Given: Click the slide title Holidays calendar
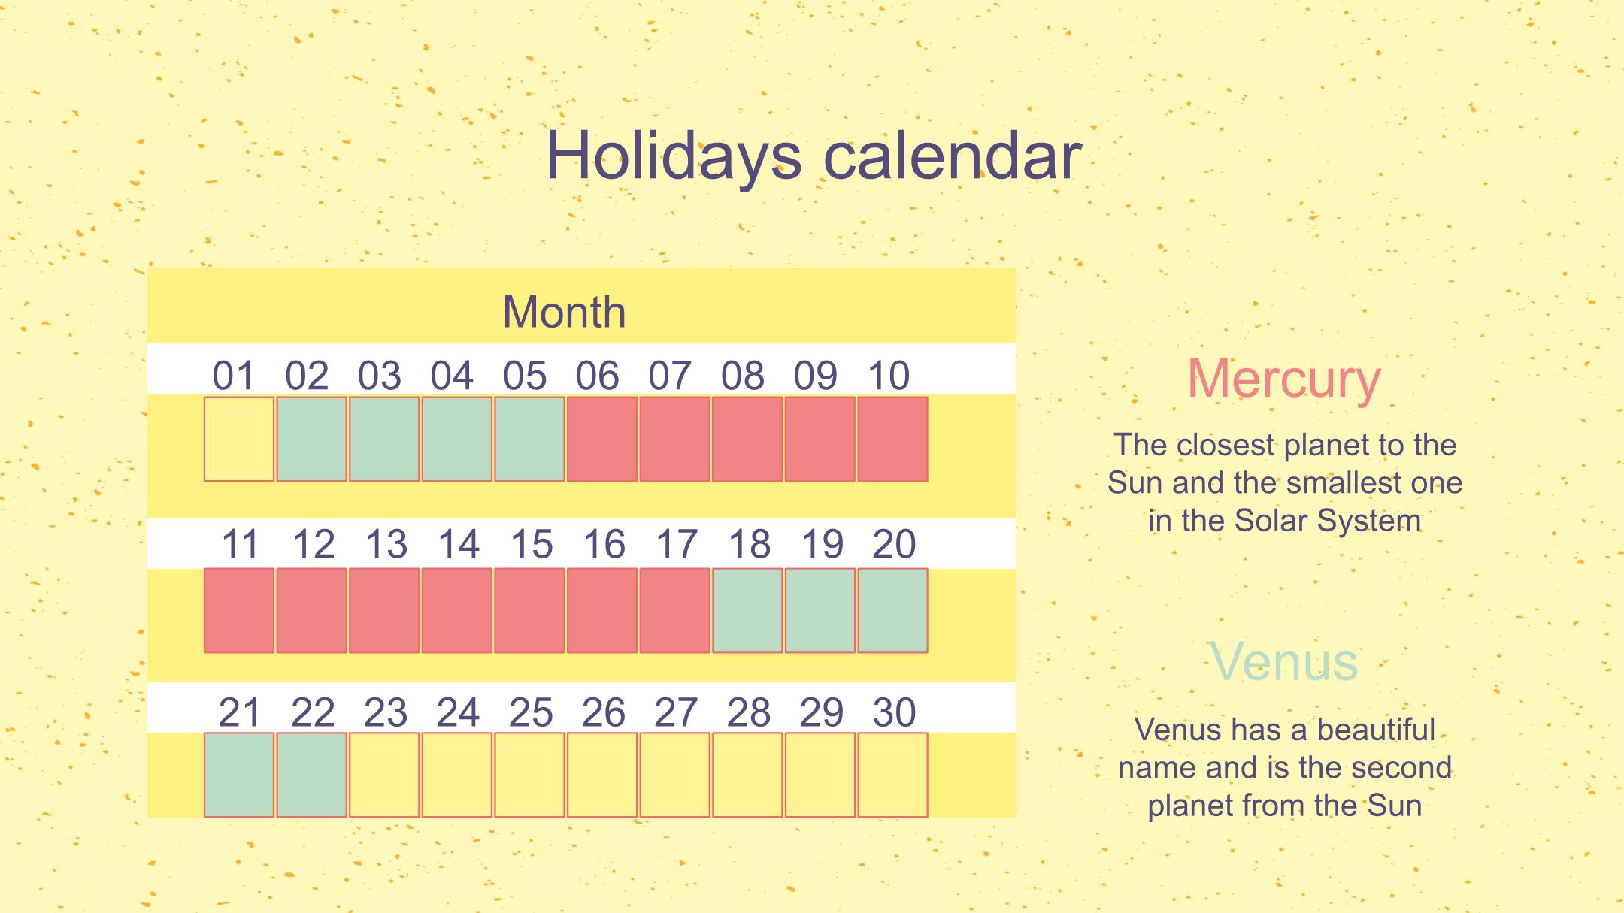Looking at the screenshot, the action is tap(813, 156).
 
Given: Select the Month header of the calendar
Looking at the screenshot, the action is tap(564, 311).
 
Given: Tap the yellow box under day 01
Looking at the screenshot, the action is tap(239, 439).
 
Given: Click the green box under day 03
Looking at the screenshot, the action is tap(384, 439).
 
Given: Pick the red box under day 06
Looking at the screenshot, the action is tap(602, 439).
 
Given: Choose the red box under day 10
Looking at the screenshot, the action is tap(892, 439).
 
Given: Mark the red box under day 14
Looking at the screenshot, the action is tap(457, 610).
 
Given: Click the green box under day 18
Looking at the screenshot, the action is tap(747, 610).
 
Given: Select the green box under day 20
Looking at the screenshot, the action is tap(892, 610).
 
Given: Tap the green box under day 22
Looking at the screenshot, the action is tap(311, 775).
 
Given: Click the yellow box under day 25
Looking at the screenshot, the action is tap(529, 775).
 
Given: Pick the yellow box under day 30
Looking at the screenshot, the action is tap(892, 775).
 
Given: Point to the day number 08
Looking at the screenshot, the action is tap(743, 376).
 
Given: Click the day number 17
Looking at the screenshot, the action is tap(677, 544).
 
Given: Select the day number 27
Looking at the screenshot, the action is tap(676, 712).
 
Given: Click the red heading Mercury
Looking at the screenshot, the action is tap(1284, 379).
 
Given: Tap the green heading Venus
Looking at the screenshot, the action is tap(1284, 662).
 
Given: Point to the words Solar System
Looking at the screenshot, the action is tap(1328, 521).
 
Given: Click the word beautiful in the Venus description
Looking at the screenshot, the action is tap(1376, 730).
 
